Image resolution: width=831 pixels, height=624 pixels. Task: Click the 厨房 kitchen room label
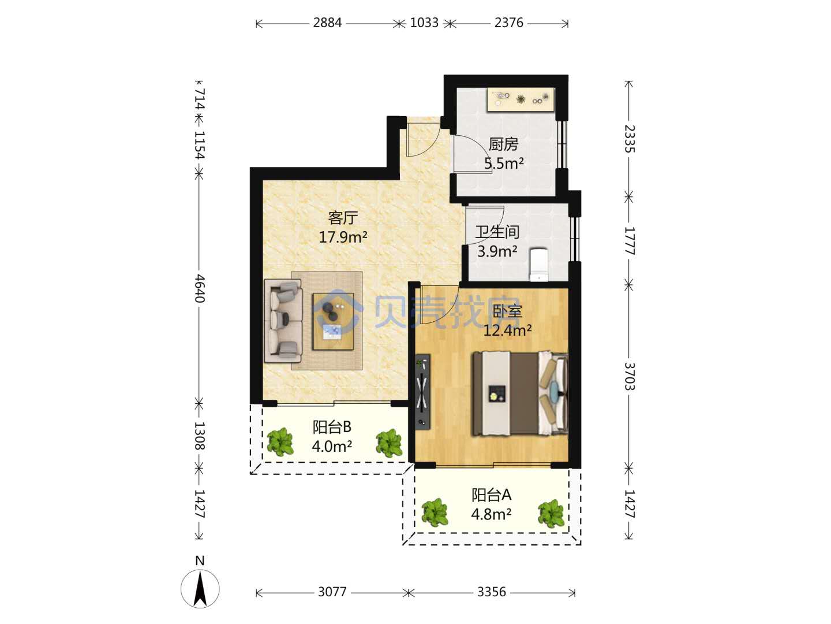coord(503,144)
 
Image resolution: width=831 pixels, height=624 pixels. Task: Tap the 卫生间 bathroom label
coord(497,232)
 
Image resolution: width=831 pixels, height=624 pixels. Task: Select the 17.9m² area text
coord(343,237)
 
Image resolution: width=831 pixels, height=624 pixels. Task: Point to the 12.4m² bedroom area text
coord(507,330)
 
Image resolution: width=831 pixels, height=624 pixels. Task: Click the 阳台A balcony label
coord(492,495)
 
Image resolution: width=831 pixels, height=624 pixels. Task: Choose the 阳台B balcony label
coord(332,427)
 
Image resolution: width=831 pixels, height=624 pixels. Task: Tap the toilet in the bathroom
coord(539,265)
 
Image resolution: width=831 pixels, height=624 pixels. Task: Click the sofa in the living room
coord(283,321)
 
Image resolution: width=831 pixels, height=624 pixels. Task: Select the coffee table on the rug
coord(333,321)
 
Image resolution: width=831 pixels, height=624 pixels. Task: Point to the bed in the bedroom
coord(519,393)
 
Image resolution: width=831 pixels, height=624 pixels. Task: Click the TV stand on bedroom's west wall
coord(422,392)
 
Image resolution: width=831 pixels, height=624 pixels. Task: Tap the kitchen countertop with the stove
coord(521,99)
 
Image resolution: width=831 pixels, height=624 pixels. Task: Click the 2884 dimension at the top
coord(327,23)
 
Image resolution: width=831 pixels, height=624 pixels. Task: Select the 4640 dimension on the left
coord(200,289)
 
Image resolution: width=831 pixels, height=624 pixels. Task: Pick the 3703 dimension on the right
coord(629,376)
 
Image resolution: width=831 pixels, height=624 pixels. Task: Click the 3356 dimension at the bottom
coord(492,592)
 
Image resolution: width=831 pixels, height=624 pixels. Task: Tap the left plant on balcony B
coord(280,442)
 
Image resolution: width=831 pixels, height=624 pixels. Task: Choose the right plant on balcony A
coord(551,514)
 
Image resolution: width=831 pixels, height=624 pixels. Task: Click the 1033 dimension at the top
coord(424,23)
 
